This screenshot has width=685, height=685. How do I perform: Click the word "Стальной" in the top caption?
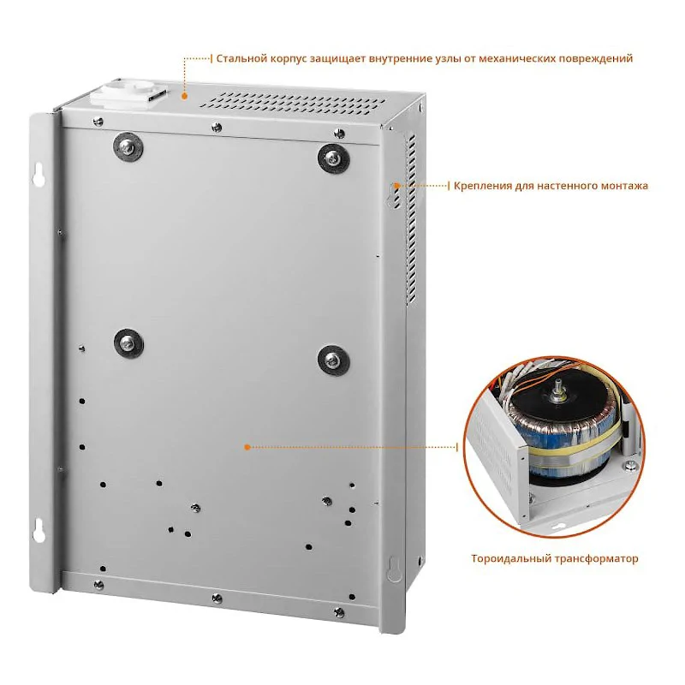pos(241,58)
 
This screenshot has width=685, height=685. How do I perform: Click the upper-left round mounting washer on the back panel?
pos(128,147)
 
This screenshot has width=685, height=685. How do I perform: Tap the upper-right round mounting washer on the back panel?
pos(333,159)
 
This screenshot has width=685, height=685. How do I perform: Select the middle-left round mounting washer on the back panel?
pos(128,343)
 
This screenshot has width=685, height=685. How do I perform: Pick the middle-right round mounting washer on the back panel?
pos(333,360)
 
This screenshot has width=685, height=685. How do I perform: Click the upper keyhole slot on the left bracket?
pos(39,175)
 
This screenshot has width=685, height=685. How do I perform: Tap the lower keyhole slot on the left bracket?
pos(39,530)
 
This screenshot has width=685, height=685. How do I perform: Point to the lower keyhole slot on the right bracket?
pos(394,569)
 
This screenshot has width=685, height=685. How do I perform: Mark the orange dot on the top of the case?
pos(184,96)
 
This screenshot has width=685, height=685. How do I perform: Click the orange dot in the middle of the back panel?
pos(247,447)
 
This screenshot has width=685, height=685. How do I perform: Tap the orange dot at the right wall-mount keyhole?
pos(396,186)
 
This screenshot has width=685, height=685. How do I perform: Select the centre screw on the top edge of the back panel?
pos(217,127)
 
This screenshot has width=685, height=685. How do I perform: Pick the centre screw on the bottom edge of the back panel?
pos(217,598)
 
